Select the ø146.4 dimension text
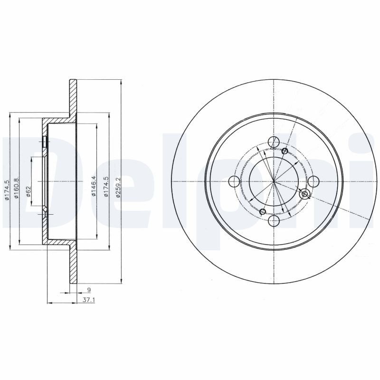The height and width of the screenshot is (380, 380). point(95,186)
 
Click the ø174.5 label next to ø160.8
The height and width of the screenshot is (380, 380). point(8,190)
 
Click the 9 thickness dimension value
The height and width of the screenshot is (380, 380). point(88,289)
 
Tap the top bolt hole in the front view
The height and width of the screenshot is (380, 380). point(274,142)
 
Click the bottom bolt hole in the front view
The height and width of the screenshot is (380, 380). point(274,221)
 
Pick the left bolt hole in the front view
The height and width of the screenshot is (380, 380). point(234,181)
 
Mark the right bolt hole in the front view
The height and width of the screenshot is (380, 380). point(313,181)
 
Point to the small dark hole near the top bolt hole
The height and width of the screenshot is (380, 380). point(285,151)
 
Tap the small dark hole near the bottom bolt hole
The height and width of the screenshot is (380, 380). point(263,211)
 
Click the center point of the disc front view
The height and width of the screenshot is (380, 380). point(274,181)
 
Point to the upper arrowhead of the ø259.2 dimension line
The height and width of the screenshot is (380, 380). point(121,82)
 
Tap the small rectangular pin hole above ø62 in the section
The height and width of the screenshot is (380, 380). point(44,141)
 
